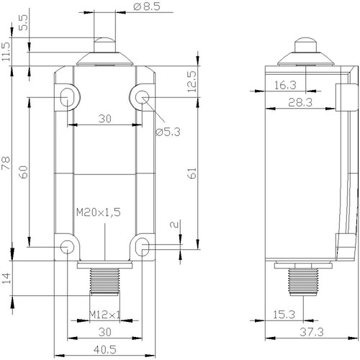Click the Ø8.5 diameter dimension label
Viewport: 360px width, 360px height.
147,6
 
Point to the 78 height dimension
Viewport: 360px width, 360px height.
6,163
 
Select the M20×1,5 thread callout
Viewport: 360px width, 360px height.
99,212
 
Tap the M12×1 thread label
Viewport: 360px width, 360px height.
104,315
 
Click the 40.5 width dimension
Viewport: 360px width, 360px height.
105,350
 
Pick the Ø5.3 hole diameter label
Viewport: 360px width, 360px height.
168,132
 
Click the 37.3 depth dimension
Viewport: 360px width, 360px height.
312,332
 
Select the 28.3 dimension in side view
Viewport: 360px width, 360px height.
300,102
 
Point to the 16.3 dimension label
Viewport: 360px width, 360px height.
285,85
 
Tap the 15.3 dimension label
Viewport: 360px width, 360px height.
284,315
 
